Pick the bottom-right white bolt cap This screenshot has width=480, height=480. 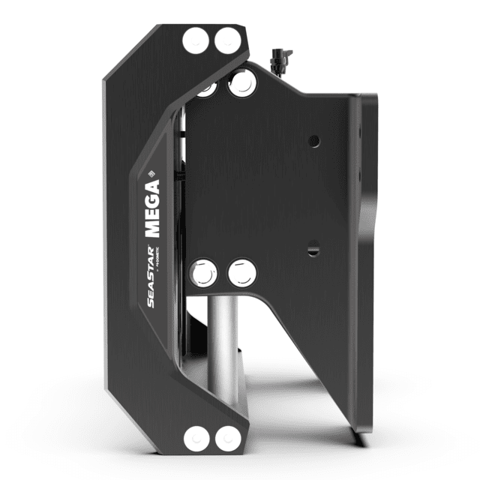click(226, 437)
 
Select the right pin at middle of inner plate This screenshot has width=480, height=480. click(242, 273)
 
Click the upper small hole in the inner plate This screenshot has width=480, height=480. click(314, 140)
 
